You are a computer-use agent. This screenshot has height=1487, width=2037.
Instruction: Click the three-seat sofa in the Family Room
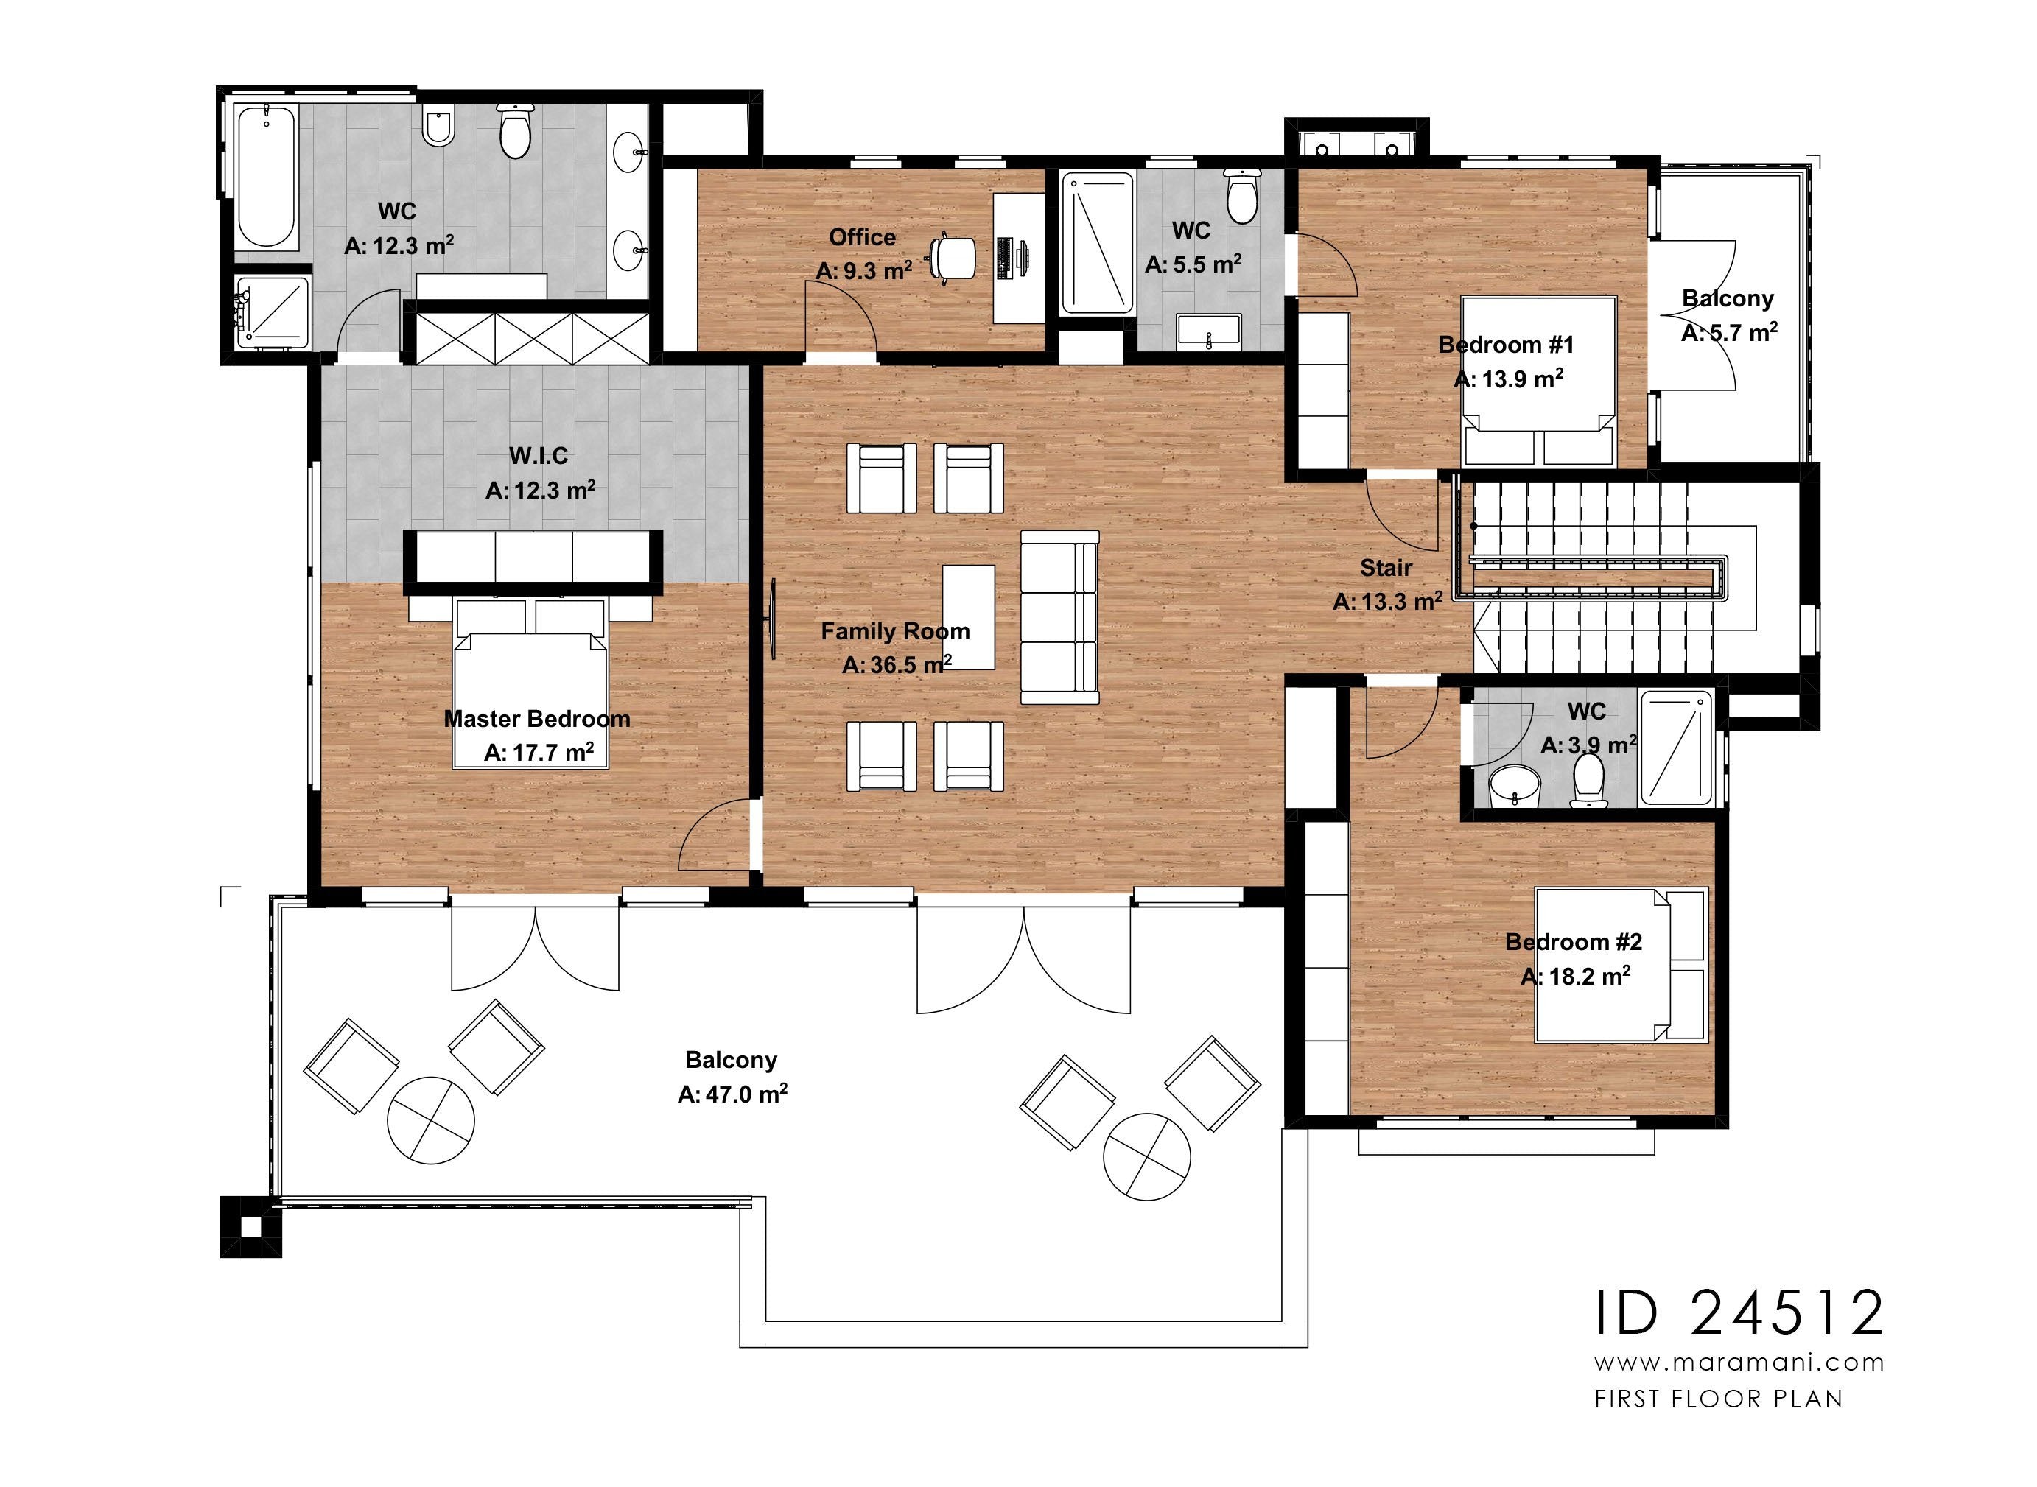pyautogui.click(x=1059, y=617)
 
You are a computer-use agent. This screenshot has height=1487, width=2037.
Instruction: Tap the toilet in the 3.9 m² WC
pyautogui.click(x=1589, y=779)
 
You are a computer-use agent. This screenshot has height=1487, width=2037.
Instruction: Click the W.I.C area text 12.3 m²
pyautogui.click(x=540, y=491)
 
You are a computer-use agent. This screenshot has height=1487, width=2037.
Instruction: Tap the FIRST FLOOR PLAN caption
pyautogui.click(x=1718, y=1399)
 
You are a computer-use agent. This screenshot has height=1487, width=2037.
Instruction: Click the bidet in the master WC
pyautogui.click(x=439, y=127)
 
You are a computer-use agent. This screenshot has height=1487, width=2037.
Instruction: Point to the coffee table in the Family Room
pyautogui.click(x=969, y=617)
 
